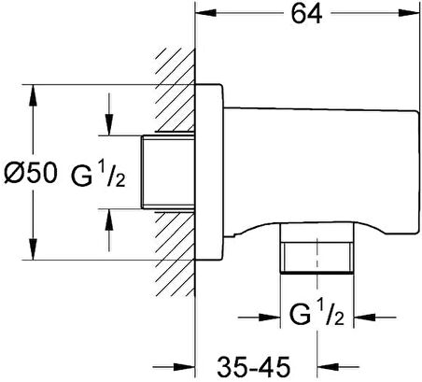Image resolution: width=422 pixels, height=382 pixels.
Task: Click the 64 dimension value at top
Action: [x=306, y=14]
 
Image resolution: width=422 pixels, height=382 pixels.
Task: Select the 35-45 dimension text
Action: [x=254, y=366]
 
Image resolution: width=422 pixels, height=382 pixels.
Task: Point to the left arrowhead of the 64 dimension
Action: [x=205, y=13]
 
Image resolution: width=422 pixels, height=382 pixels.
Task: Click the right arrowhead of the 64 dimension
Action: [x=409, y=13]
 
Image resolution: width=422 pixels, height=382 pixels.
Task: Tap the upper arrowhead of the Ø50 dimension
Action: [x=33, y=95]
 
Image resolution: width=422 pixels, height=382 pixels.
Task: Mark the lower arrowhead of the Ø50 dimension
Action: [x=33, y=249]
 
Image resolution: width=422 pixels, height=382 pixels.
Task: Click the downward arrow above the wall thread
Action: [x=108, y=114]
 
